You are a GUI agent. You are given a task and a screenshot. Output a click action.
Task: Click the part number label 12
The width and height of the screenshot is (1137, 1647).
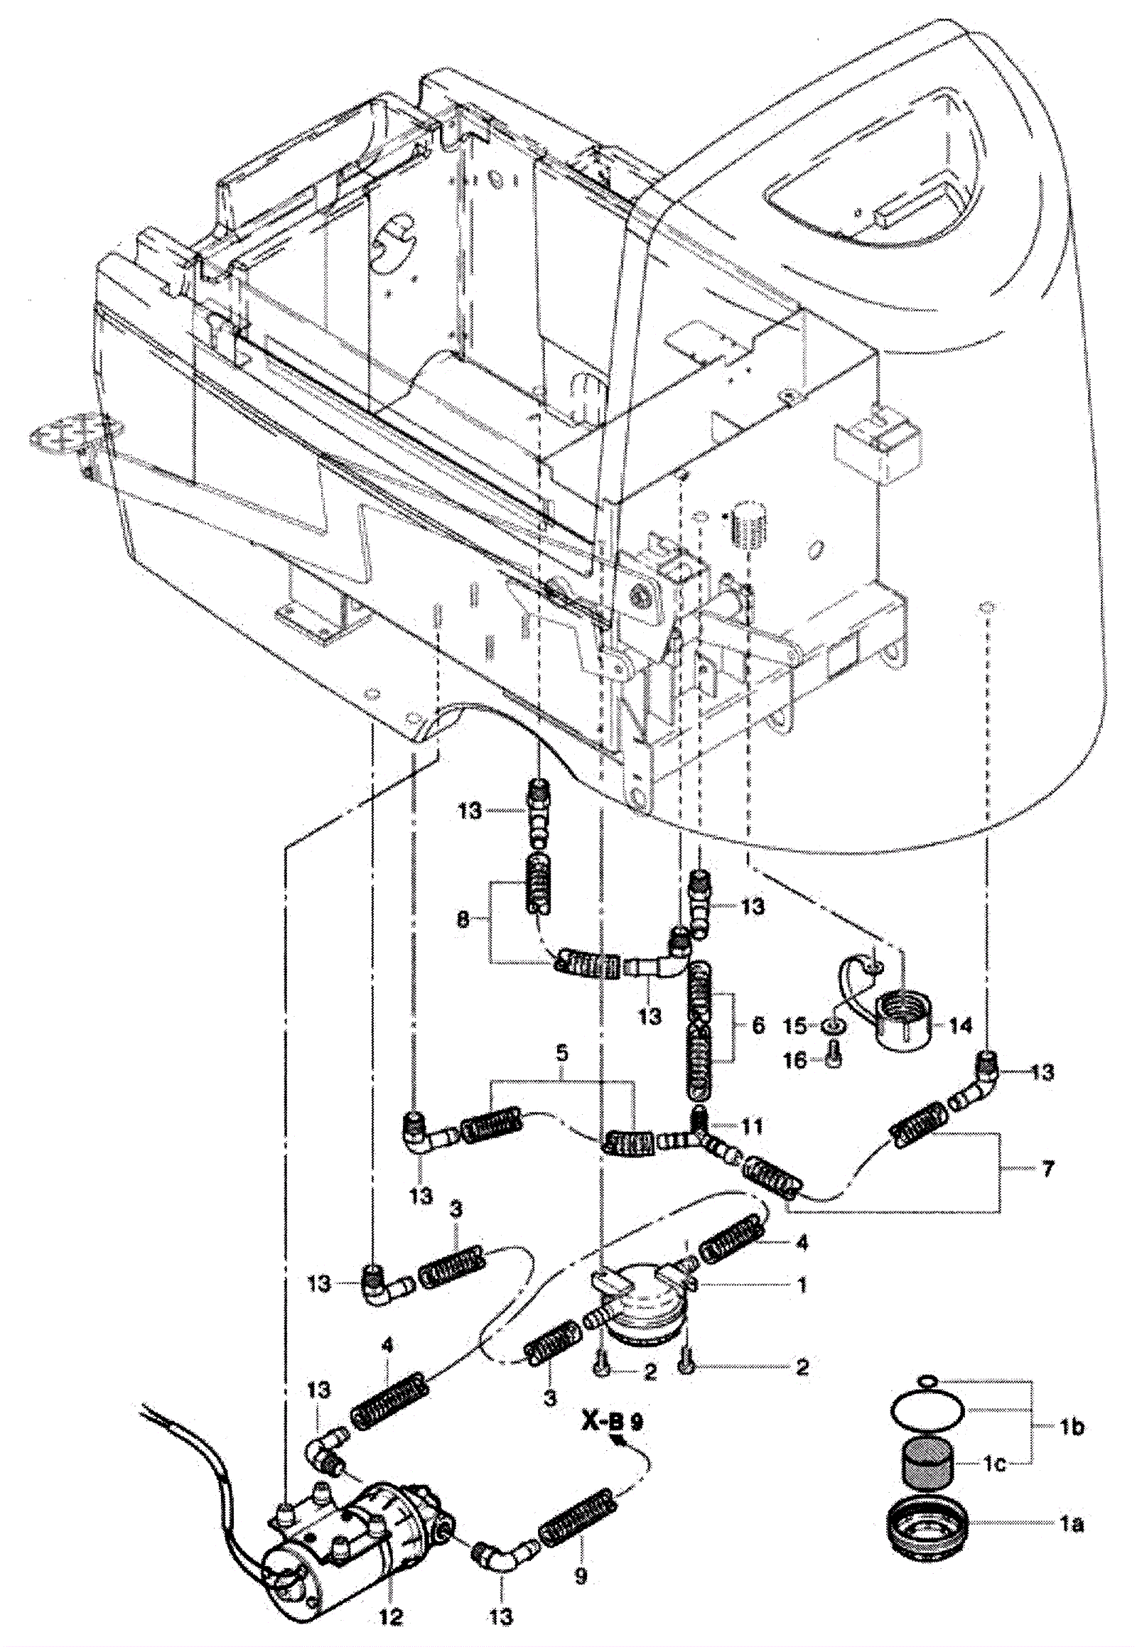click(390, 1617)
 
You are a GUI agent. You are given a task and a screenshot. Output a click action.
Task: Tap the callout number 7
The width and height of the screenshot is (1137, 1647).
click(1047, 1169)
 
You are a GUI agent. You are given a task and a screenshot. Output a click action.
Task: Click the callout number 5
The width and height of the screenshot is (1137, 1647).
click(562, 1052)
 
